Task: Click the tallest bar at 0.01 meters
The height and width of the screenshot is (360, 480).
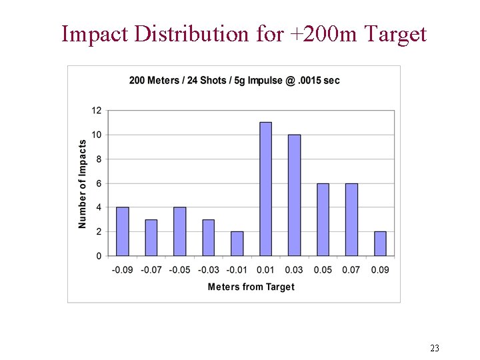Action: pos(265,189)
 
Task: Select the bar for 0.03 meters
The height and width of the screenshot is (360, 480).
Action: pos(294,195)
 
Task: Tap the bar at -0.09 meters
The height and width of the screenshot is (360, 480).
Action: pos(123,231)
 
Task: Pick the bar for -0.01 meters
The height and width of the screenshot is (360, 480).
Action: pos(237,243)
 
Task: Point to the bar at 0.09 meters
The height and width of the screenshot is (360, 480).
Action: pos(380,243)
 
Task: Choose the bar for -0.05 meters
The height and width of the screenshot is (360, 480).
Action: pos(179,231)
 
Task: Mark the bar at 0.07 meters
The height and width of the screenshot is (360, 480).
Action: pos(351,219)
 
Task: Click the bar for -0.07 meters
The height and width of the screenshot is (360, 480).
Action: pos(151,237)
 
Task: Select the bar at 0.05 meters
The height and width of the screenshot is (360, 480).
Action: pos(323,219)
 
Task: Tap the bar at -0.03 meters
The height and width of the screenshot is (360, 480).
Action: pos(208,237)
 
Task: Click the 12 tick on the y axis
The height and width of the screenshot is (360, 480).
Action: pos(97,111)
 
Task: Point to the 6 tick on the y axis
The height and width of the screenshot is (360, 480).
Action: pos(99,183)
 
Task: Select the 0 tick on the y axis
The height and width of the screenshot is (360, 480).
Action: pos(99,256)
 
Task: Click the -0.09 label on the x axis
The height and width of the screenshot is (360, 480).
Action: pos(122,270)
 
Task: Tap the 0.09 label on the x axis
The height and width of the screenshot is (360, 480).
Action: pos(380,270)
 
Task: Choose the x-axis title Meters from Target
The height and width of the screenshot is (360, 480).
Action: pos(251,287)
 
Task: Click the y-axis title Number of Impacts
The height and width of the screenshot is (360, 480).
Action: pos(83,183)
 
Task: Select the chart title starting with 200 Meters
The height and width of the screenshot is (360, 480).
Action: pos(234,81)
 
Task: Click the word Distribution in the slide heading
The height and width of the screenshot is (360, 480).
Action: pos(192,33)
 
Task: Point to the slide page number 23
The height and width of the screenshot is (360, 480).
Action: pos(435,348)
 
